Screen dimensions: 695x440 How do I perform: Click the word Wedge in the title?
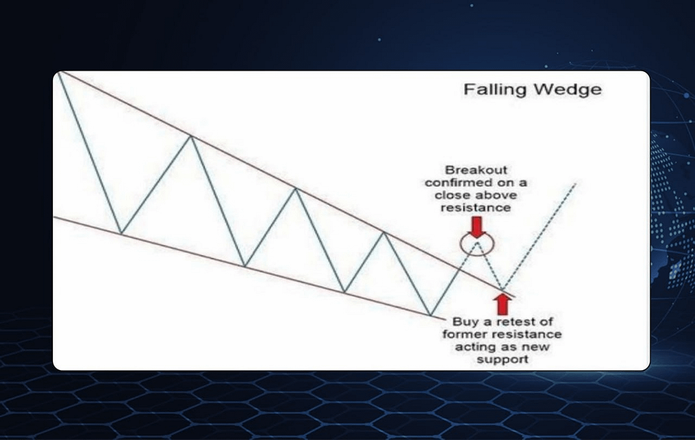568,89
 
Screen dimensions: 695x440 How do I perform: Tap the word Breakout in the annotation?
476,170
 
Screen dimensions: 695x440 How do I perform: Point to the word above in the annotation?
499,195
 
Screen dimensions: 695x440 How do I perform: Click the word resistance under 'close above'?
476,208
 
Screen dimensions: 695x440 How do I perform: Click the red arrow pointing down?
477,227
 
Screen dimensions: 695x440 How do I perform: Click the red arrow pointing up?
502,305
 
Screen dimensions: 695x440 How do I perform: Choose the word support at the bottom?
502,359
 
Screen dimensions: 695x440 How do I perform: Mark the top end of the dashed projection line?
576,183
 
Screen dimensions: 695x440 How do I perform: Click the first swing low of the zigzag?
121,232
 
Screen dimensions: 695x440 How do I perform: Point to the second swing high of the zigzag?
296,189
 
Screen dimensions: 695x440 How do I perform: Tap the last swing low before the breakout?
430,315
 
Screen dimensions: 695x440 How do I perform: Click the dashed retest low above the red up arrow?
503,289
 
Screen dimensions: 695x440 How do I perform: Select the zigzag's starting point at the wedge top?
58,73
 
